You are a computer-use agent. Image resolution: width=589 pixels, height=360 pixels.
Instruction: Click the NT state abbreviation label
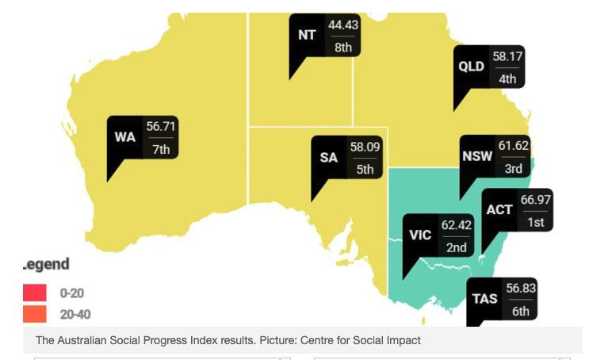(x=306, y=36)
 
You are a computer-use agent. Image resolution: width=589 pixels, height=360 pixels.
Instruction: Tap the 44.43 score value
(x=343, y=25)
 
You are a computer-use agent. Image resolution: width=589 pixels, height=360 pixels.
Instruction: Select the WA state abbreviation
(x=125, y=137)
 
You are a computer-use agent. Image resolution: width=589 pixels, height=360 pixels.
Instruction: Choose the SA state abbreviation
(x=329, y=157)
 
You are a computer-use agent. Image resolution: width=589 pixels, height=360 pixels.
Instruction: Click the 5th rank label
(x=365, y=169)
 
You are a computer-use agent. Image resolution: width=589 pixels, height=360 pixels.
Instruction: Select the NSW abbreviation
(x=477, y=156)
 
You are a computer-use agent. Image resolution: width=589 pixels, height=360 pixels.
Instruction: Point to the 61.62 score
(x=514, y=146)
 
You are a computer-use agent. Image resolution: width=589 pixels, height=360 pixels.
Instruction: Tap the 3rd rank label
(x=514, y=168)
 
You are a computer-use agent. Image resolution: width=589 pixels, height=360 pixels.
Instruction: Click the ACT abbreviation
(x=499, y=210)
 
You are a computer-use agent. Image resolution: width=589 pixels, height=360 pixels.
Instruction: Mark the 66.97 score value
(x=535, y=199)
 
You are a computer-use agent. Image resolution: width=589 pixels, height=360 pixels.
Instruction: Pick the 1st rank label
(x=535, y=223)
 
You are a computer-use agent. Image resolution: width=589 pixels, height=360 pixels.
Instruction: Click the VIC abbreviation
(x=420, y=236)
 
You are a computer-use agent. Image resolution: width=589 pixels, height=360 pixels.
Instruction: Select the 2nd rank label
(x=456, y=247)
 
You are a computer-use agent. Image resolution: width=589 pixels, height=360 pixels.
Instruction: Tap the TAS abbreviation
(x=485, y=299)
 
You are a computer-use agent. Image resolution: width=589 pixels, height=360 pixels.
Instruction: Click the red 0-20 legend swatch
(x=35, y=293)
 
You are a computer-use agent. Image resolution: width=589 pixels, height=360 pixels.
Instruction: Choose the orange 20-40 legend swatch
(x=35, y=315)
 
